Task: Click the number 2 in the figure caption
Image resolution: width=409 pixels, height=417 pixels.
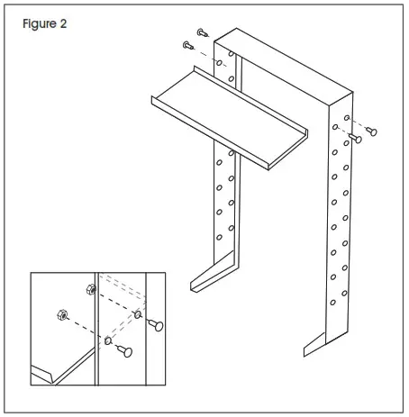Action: click(63, 24)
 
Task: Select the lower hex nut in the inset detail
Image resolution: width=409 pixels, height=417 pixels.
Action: click(56, 315)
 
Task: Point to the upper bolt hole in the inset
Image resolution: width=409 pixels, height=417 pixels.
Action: click(138, 314)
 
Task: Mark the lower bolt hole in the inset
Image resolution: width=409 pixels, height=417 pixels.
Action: click(107, 341)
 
